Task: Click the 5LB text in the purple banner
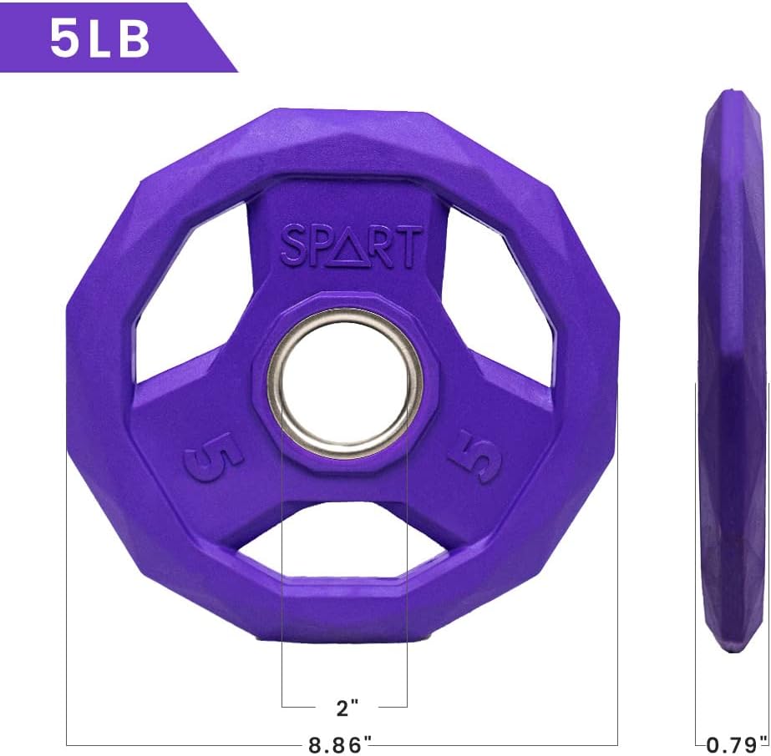(x=99, y=39)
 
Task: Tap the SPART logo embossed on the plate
(x=351, y=245)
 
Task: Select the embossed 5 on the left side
(x=214, y=456)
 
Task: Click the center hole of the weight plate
(x=345, y=384)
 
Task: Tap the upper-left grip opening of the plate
(x=190, y=290)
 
